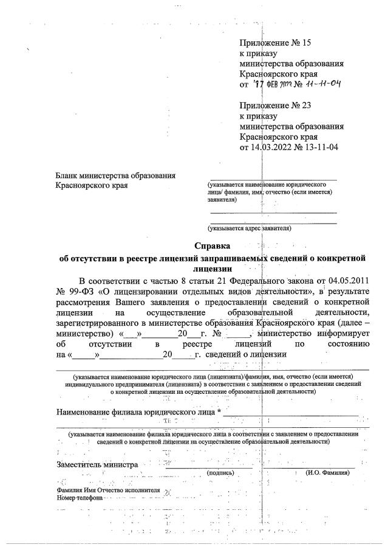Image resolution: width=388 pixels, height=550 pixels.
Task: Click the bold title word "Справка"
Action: click(x=213, y=246)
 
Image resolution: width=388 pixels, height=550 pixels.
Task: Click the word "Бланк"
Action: click(x=67, y=176)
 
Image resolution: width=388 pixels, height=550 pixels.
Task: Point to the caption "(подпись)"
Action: click(x=221, y=472)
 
